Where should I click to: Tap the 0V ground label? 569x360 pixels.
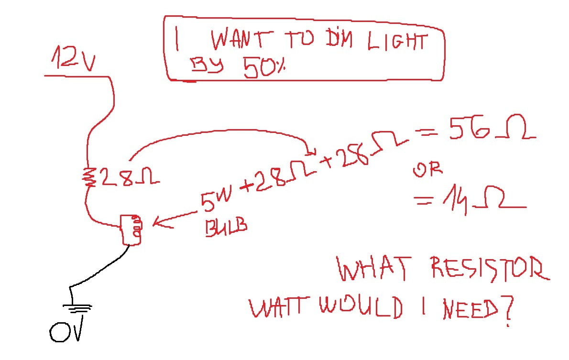[x=67, y=330]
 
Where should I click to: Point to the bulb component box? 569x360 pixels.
[x=131, y=229]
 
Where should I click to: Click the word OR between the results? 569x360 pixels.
[x=427, y=169]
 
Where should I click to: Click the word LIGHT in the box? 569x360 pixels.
[x=396, y=42]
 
